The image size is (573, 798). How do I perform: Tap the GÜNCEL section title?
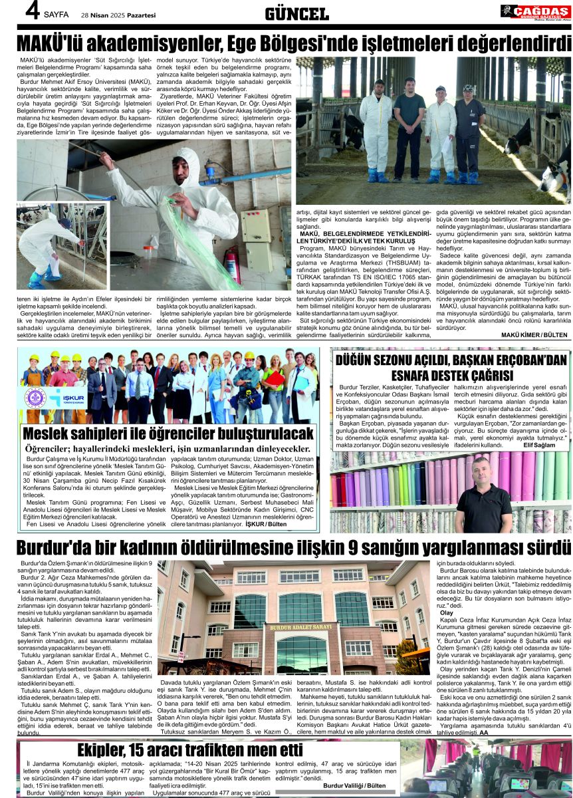(x=296, y=13)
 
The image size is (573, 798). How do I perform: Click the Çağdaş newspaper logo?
(x=534, y=11)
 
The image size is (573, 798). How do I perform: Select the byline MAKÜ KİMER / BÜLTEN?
(x=534, y=334)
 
